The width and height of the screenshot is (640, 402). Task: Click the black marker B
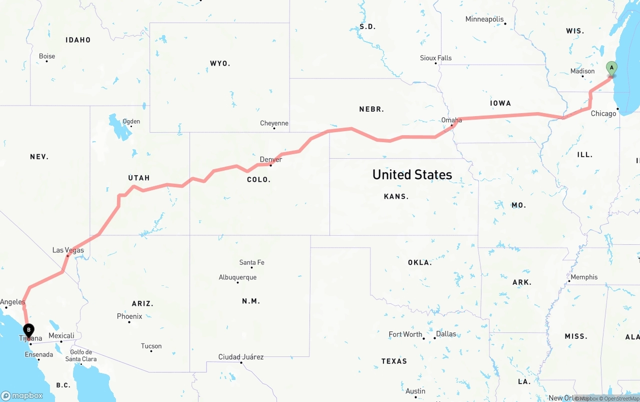29,330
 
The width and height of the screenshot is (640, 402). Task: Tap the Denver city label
270,160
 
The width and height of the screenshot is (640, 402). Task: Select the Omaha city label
451,120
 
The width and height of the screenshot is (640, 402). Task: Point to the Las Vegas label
68,250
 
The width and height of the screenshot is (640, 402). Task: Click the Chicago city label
603,114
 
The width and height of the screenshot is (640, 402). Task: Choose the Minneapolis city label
484,20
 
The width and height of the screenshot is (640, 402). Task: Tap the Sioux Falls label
435,58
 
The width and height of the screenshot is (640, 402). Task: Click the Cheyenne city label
274,123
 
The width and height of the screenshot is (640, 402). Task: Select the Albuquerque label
237,277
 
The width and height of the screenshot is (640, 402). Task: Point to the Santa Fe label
251,262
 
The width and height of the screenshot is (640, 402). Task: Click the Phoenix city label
129,316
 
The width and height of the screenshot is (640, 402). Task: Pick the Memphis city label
584,277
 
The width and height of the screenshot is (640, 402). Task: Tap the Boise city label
47,56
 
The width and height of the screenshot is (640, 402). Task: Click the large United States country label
412,175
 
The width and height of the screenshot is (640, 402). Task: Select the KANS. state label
396,197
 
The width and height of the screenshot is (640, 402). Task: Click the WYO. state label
220,64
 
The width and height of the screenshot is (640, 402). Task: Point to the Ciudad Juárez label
240,357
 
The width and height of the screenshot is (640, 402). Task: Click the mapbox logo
22,395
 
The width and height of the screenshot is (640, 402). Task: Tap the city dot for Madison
583,76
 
